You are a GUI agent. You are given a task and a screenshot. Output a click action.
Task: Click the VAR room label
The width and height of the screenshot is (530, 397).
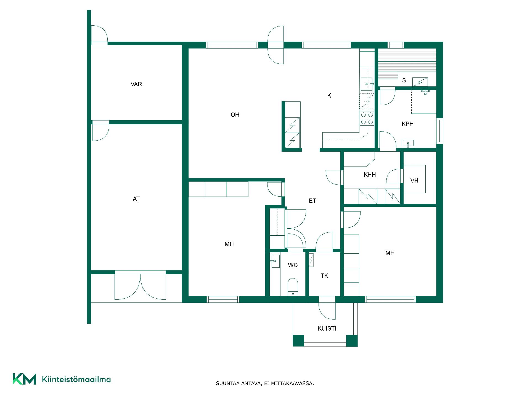pyautogui.click(x=136, y=84)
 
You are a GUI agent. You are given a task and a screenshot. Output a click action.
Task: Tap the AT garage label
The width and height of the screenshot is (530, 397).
pyautogui.click(x=136, y=199)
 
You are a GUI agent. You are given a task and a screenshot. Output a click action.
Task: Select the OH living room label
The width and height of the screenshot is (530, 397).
pyautogui.click(x=235, y=115)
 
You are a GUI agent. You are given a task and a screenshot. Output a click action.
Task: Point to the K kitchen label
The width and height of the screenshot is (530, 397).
pyautogui.click(x=329, y=95)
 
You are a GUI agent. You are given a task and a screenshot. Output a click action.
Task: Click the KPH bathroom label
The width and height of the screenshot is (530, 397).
pyautogui.click(x=407, y=124)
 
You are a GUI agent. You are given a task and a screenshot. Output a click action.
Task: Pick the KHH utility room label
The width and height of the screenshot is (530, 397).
pyautogui.click(x=370, y=175)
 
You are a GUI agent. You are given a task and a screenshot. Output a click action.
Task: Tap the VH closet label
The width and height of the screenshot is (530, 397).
pyautogui.click(x=414, y=181)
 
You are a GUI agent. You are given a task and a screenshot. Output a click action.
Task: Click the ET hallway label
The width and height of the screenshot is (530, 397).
pyautogui.click(x=312, y=201)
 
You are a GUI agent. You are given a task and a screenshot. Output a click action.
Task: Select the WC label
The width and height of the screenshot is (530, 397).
pyautogui.click(x=293, y=265)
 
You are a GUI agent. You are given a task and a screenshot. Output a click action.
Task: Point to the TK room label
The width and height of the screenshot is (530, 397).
pyautogui.click(x=325, y=276)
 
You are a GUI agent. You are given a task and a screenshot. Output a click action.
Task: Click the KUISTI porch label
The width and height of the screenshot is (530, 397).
pyautogui.click(x=327, y=328)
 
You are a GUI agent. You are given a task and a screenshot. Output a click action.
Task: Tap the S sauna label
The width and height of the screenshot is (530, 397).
pyautogui.click(x=404, y=80)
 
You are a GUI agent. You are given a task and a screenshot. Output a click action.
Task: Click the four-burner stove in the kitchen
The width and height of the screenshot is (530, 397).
pyautogui.click(x=367, y=118)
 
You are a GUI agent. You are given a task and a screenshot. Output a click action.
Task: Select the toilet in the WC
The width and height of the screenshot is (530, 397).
pyautogui.click(x=293, y=287)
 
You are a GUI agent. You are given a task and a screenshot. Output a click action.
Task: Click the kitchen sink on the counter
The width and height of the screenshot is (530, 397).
pyautogui.click(x=367, y=84)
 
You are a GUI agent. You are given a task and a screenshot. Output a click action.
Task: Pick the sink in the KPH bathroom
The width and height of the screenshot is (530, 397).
pyautogui.click(x=408, y=143)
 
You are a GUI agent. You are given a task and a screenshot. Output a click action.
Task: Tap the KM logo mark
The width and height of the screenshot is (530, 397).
pyautogui.click(x=24, y=379)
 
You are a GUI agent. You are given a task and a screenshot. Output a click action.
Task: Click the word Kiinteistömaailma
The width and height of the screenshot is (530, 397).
pyautogui.click(x=76, y=379)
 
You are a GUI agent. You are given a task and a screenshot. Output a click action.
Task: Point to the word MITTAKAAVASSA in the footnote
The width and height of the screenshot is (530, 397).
pyautogui.click(x=293, y=383)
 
